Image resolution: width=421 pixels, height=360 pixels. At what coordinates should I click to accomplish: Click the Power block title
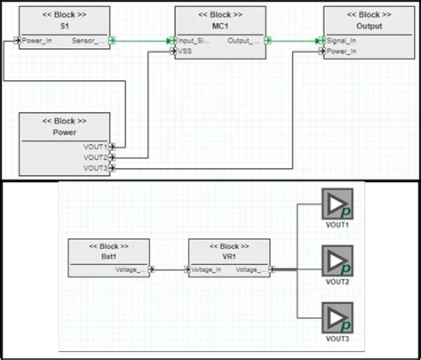[64, 132]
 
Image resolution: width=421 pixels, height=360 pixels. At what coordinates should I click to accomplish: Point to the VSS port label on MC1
[186, 51]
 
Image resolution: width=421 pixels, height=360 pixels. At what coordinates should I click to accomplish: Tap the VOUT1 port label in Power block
[95, 147]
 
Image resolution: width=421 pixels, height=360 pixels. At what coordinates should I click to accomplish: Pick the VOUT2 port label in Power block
[95, 157]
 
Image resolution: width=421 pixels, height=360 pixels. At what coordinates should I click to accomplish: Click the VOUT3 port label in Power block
[95, 167]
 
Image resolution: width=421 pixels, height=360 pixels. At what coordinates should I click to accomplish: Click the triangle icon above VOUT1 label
[337, 204]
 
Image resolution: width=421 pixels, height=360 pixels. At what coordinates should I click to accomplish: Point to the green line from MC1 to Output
[293, 41]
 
